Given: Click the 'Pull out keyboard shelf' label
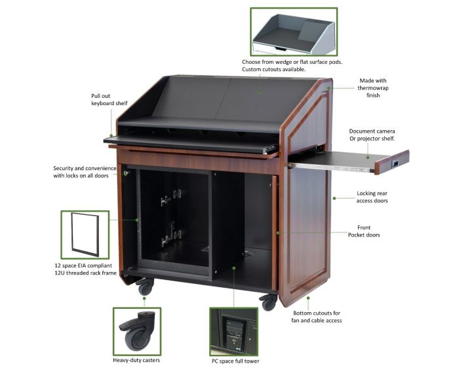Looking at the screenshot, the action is click(110, 99).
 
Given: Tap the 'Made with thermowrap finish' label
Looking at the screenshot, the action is click(373, 88).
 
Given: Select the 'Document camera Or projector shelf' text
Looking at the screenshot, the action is click(372, 135).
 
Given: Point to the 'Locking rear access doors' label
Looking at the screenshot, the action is click(372, 197).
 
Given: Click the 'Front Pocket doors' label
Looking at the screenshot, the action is click(364, 231).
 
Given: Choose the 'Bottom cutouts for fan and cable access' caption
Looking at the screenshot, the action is click(317, 317).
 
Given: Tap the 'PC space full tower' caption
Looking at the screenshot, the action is click(235, 361).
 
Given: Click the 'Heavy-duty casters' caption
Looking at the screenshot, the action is click(136, 359).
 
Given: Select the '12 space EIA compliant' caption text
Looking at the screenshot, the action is click(83, 265).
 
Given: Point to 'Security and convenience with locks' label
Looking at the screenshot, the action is click(85, 172).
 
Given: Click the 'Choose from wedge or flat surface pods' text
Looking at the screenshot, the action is click(292, 62).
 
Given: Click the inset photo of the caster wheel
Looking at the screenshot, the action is click(137, 331).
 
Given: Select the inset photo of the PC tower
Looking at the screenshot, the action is click(233, 332).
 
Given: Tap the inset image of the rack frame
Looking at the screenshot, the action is click(85, 234).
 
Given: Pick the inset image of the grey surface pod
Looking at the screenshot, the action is click(294, 32).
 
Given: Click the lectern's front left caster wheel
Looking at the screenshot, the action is click(145, 287).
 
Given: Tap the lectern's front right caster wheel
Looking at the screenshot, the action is click(269, 302).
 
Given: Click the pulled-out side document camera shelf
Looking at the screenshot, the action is click(348, 161).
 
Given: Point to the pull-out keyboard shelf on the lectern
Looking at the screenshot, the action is click(191, 144).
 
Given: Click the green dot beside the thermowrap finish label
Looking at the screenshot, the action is click(329, 88).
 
